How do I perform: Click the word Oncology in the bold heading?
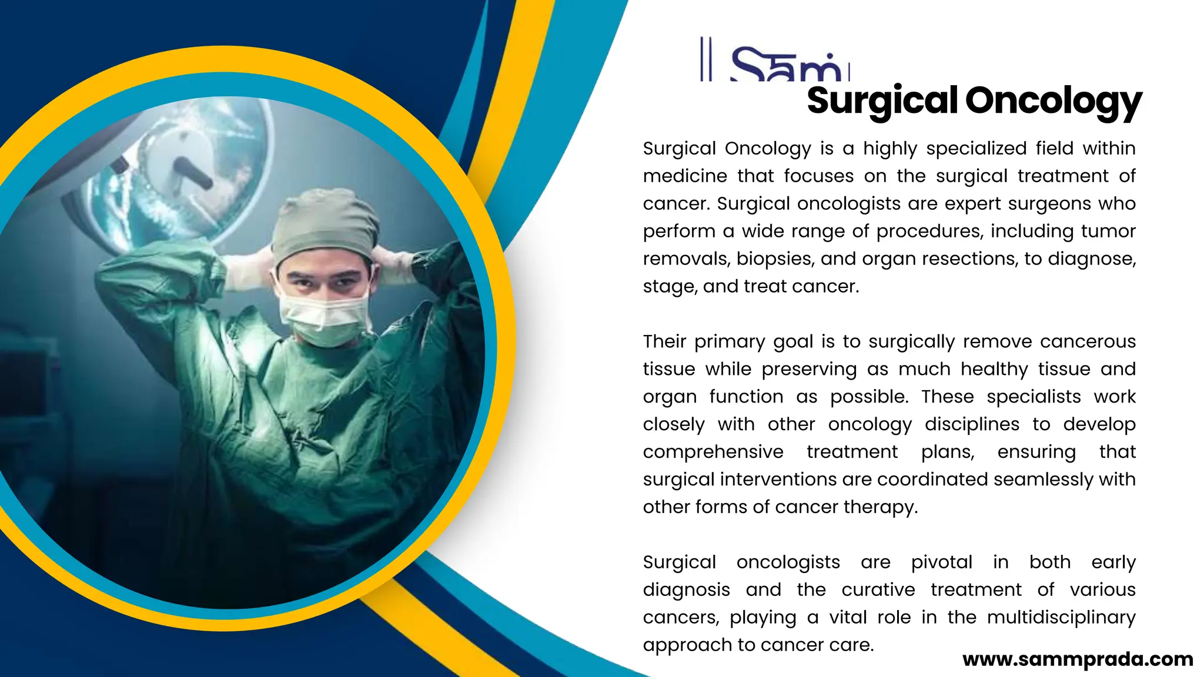[1053, 100]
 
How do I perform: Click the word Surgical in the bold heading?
[882, 100]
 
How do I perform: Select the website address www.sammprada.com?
[1078, 659]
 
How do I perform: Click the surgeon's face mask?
[324, 318]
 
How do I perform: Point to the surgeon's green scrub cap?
[325, 226]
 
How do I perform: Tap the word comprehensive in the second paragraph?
[713, 452]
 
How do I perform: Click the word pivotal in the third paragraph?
[942, 562]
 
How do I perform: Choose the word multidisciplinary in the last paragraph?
[1061, 618]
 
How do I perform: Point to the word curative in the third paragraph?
[878, 590]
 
